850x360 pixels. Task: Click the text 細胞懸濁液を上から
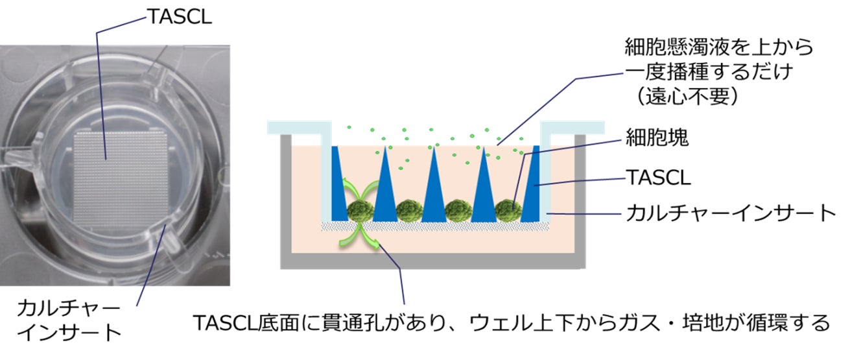click(718, 47)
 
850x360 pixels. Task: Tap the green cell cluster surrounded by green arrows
click(358, 210)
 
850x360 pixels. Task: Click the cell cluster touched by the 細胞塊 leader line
click(507, 210)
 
